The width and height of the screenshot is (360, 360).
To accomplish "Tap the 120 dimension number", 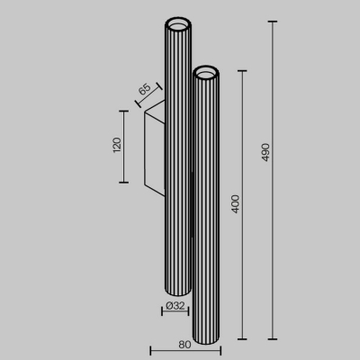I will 116,146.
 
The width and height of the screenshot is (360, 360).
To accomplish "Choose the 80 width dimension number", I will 184,343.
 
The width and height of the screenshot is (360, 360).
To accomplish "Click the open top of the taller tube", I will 176,22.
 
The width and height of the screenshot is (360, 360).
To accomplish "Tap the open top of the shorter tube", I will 206,71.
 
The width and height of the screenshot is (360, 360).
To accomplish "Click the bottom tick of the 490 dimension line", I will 272,340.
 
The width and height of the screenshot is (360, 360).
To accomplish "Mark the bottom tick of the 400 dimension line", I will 244,340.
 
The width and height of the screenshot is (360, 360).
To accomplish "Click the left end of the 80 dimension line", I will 149,350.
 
